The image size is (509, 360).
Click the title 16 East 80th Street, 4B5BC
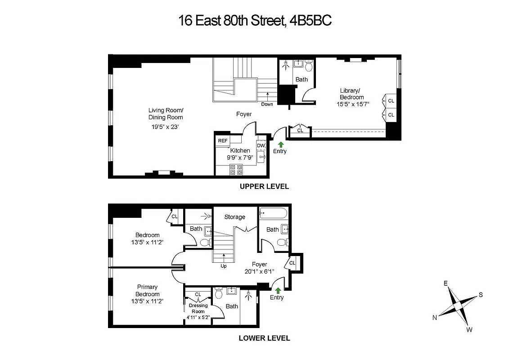pyautogui.click(x=255, y=20)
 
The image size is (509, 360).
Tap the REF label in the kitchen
pyautogui.click(x=223, y=141)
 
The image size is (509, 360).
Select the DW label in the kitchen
pyautogui.click(x=261, y=145)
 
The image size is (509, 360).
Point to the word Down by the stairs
pyautogui.click(x=267, y=104)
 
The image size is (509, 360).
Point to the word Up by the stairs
pyautogui.click(x=224, y=266)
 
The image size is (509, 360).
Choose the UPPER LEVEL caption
pyautogui.click(x=264, y=186)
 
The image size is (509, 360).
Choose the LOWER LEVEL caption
pyautogui.click(x=264, y=338)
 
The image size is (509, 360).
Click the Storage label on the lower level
pyautogui.click(x=235, y=217)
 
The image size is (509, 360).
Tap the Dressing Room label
pyautogui.click(x=198, y=308)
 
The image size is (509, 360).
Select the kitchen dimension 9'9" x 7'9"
pyautogui.click(x=240, y=158)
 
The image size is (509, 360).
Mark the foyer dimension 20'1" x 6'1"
pyautogui.click(x=259, y=271)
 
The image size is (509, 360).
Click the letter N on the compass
pyautogui.click(x=435, y=317)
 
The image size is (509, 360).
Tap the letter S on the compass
pyautogui.click(x=481, y=295)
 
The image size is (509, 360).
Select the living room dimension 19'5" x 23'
pyautogui.click(x=166, y=127)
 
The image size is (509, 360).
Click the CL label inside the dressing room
pyautogui.click(x=198, y=294)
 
